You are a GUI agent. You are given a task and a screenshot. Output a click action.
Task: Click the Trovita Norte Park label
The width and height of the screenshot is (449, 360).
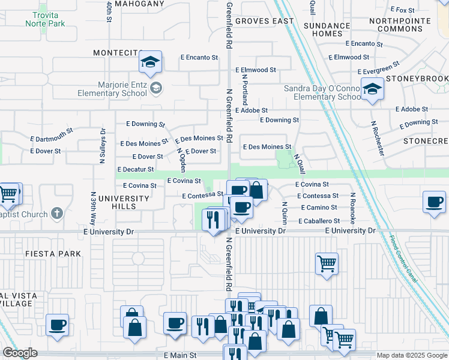pyautogui.click(x=45, y=19)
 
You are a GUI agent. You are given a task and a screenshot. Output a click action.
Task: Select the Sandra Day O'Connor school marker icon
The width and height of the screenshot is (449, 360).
pyautogui.click(x=373, y=90)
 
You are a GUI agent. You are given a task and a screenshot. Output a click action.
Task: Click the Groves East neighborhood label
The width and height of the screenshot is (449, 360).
pyautogui.click(x=265, y=21)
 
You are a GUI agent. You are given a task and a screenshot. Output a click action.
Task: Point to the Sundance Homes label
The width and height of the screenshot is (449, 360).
pyautogui.click(x=327, y=29)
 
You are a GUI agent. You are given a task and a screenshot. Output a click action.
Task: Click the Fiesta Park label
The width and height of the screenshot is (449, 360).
pyautogui.click(x=53, y=254)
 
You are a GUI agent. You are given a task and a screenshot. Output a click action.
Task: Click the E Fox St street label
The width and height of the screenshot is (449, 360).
pyautogui.click(x=402, y=10)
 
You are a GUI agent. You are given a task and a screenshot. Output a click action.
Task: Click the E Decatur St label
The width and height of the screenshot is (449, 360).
pyautogui.click(x=135, y=170)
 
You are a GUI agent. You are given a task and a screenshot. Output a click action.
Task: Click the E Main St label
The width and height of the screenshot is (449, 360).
pyautogui.click(x=180, y=355)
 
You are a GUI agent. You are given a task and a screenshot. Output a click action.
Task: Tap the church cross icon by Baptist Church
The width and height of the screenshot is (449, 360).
pyautogui.click(x=57, y=213)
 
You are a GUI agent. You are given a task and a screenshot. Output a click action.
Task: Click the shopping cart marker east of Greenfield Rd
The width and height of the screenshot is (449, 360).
pyautogui.click(x=327, y=262)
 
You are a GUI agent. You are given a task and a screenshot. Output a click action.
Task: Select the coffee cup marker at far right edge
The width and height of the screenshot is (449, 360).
pyautogui.click(x=434, y=202)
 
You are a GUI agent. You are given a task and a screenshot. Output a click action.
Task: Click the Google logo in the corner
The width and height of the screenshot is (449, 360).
pyautogui.click(x=20, y=353)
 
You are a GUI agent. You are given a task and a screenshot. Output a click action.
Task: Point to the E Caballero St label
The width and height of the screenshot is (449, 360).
pyautogui.click(x=319, y=221)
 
